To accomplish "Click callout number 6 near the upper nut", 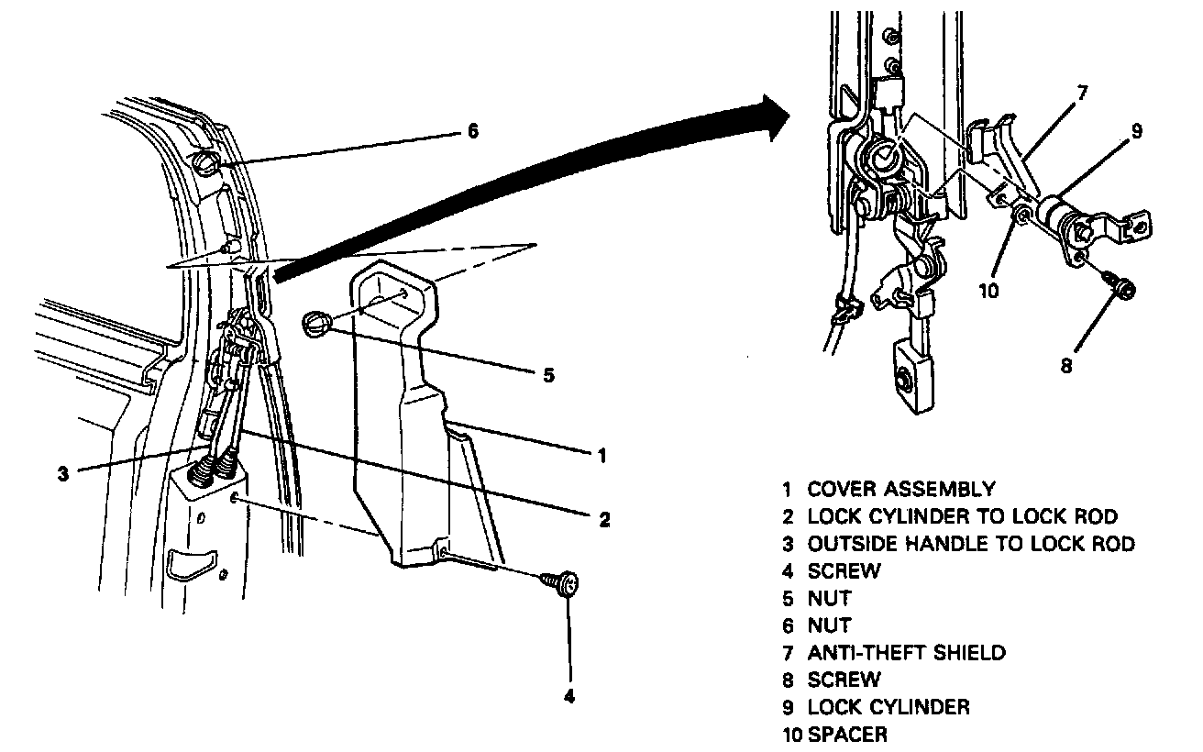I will (x=472, y=131).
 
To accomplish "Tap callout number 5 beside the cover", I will (x=548, y=375).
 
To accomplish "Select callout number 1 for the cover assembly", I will (x=601, y=455).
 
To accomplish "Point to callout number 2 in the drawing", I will (x=604, y=520).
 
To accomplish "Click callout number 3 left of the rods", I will (x=62, y=474).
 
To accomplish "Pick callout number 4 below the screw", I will (x=569, y=696).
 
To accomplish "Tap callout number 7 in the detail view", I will (x=1082, y=93).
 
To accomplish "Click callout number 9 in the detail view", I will (x=1136, y=131).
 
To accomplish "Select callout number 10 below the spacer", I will (x=988, y=291).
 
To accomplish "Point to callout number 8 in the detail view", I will (x=1065, y=364).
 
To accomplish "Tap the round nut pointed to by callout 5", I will (x=315, y=323).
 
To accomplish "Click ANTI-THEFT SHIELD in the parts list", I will (x=906, y=653).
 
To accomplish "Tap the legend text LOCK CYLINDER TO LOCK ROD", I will (x=962, y=517).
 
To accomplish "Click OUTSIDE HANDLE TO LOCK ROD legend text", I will (x=970, y=544).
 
